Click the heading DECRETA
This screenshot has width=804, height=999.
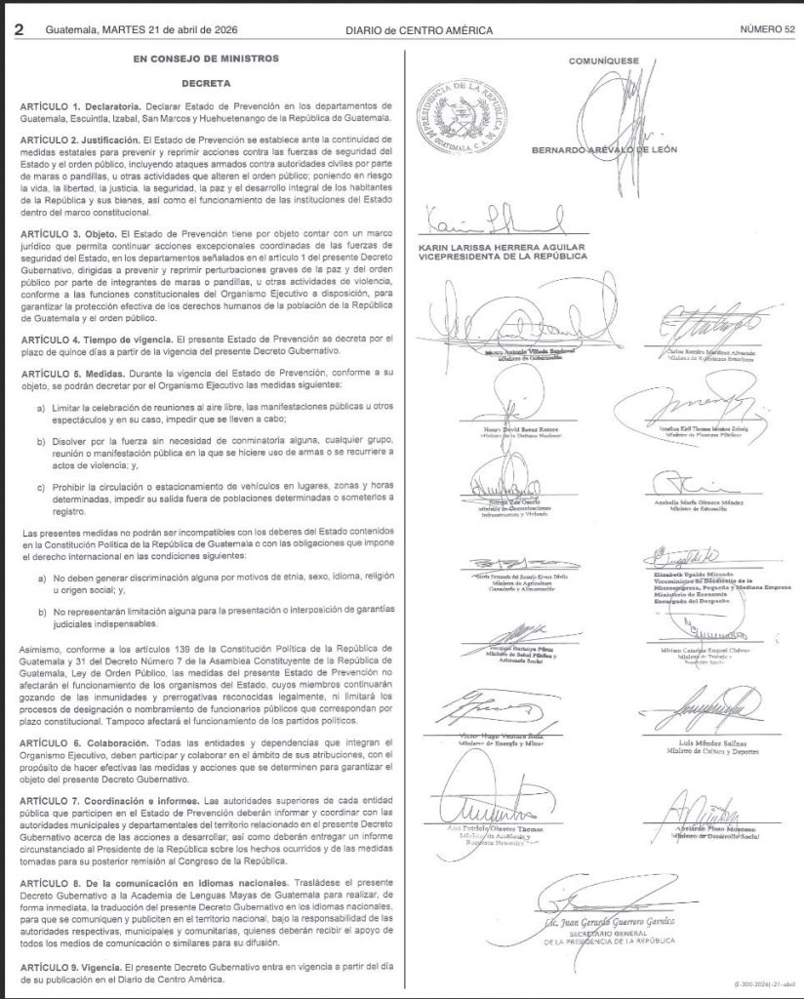click(x=205, y=85)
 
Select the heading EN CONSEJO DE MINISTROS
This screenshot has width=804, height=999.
click(x=205, y=60)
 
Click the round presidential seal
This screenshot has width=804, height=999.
click(x=460, y=117)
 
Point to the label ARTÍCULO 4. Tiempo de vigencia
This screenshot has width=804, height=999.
click(x=96, y=339)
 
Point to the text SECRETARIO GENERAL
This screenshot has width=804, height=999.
click(x=630, y=932)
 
